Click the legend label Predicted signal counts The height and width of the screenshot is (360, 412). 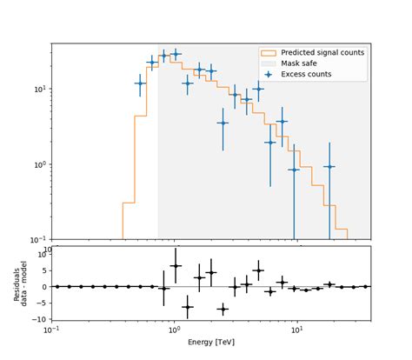[x=322, y=53]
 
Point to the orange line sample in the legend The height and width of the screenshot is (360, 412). [x=268, y=53]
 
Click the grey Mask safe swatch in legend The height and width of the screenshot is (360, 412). [x=268, y=63]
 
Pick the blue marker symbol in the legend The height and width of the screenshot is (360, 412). [x=268, y=75]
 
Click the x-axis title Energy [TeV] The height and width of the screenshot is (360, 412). [x=211, y=342]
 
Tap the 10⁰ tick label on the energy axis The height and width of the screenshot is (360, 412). [x=174, y=330]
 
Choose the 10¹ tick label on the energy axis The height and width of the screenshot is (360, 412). [x=297, y=330]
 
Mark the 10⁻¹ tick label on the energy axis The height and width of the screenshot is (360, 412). [x=51, y=330]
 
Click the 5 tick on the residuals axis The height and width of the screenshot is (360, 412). [x=43, y=270]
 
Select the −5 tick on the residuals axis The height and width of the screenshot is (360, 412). [x=40, y=303]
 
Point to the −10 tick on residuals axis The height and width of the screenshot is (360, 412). [x=38, y=319]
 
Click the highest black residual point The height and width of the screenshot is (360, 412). [x=176, y=266]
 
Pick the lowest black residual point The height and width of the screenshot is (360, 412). [x=223, y=309]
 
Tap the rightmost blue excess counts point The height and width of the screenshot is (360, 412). [x=329, y=166]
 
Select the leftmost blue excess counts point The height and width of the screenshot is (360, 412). [x=140, y=83]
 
